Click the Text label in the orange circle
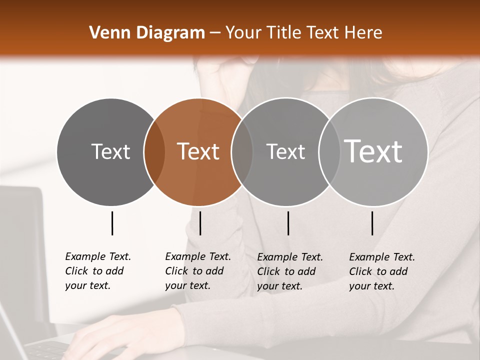pos(198,151)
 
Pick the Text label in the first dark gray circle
pos(110,151)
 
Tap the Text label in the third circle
pos(285,151)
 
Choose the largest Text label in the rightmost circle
pos(373,151)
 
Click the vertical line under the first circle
pos(112,223)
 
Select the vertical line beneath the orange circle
pos(200,223)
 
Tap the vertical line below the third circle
pos(288,223)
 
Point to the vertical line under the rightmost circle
pos(372,223)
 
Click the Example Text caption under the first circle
pos(97,271)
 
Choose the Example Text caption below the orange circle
pos(197,271)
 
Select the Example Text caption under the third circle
pos(289,271)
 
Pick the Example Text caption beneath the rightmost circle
pos(381,271)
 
